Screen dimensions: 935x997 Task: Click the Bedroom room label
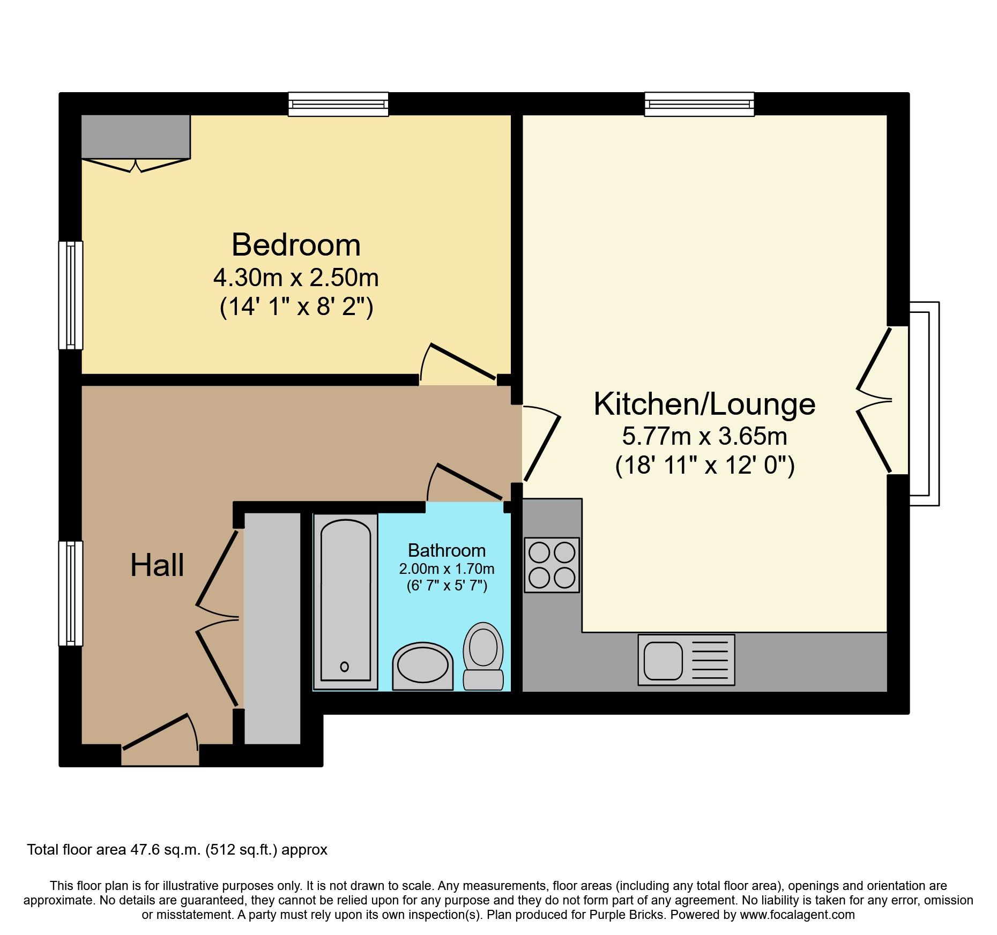click(296, 245)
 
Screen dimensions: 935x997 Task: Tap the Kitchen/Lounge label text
click(704, 404)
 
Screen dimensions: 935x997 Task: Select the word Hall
click(157, 565)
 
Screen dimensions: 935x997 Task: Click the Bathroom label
click(447, 550)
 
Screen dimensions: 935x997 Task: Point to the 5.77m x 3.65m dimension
click(704, 436)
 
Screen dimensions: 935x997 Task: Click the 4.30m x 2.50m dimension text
click(296, 278)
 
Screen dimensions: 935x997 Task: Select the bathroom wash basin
click(422, 666)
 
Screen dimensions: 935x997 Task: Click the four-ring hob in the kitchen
click(552, 565)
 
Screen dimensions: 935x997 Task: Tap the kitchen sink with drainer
click(686, 660)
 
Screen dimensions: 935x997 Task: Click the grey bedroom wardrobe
click(136, 137)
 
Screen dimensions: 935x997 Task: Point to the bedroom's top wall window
click(338, 104)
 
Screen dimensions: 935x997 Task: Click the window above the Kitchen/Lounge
click(699, 104)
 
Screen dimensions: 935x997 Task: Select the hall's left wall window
click(71, 593)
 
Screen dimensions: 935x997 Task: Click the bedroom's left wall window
click(71, 295)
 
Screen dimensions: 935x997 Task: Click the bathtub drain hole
click(345, 667)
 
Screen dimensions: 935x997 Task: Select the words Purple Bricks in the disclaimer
click(626, 915)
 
